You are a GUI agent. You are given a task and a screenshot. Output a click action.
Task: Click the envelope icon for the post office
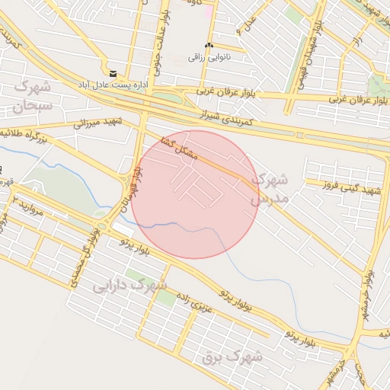pyautogui.click(x=113, y=74)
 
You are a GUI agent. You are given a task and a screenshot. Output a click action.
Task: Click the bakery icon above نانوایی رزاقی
pyautogui.click(x=209, y=46)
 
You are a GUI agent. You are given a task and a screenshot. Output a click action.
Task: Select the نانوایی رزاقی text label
pyautogui.click(x=209, y=57)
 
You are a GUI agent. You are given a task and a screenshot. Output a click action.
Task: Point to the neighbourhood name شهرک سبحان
pyautogui.click(x=33, y=95)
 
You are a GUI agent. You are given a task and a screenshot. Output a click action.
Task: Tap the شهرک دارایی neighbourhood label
pyautogui.click(x=129, y=286)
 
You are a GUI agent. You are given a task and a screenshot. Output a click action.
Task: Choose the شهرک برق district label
pyautogui.click(x=233, y=355)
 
